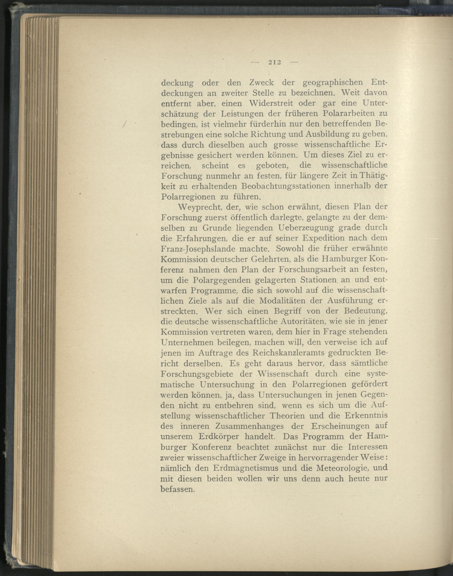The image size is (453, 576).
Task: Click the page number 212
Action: [x=275, y=63]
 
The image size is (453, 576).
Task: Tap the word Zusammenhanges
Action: [x=250, y=426]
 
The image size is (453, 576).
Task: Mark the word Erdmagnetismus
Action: [x=246, y=467]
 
